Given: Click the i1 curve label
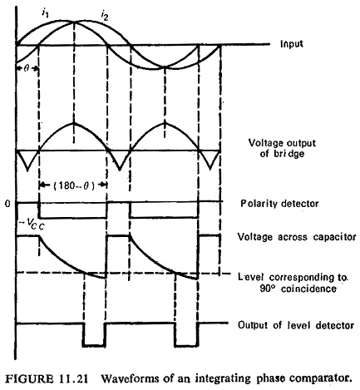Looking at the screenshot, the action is pos(45,12).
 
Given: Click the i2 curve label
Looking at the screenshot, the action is pos(105,17).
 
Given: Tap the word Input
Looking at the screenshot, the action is pos(292,44).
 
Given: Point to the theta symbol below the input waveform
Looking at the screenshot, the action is pos(27,68).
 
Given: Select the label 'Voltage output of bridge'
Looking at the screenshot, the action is pos(282,148).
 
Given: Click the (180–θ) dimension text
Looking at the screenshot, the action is pos(74,185).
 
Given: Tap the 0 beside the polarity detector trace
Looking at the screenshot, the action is pos(8,204).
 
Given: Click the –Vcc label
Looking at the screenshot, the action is pos(32,224).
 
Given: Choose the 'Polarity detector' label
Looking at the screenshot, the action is pos(279,204).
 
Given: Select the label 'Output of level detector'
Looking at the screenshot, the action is pos(296,325).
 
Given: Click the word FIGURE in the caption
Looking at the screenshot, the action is pos(29,378).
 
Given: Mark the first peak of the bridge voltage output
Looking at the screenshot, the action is pos(74,123).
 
